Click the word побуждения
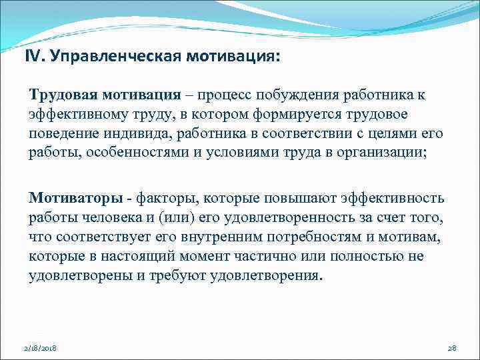(x=313, y=95)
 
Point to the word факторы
(x=169, y=198)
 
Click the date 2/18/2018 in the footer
(x=40, y=348)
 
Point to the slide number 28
(x=451, y=348)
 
